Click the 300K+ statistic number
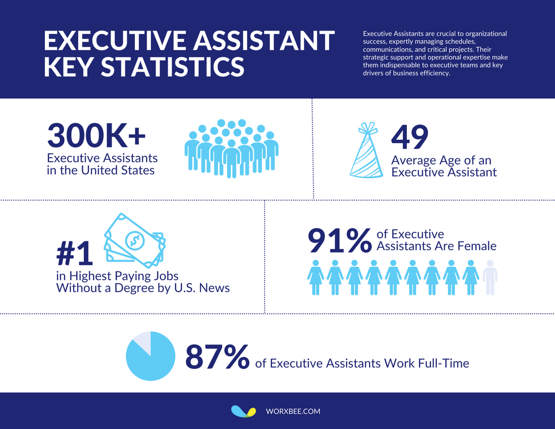pyautogui.click(x=96, y=135)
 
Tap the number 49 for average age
pyautogui.click(x=410, y=138)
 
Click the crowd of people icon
pyautogui.click(x=231, y=148)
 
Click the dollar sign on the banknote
pyautogui.click(x=134, y=240)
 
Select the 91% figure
pyautogui.click(x=339, y=240)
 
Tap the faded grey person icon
pyautogui.click(x=490, y=277)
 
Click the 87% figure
pyautogui.click(x=217, y=357)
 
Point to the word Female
pyautogui.click(x=475, y=245)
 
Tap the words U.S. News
pyautogui.click(x=202, y=287)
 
